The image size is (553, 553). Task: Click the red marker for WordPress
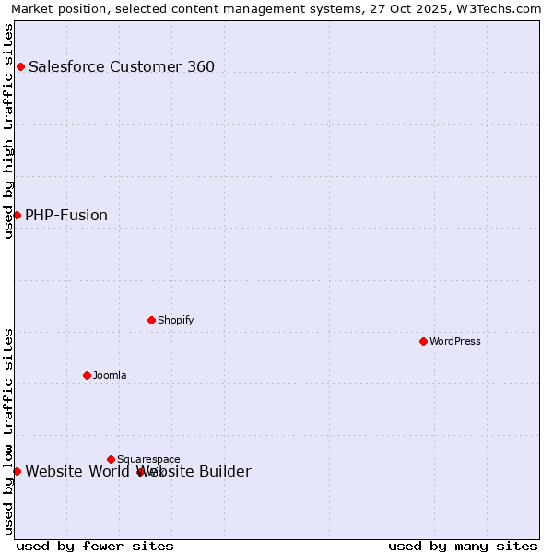click(x=423, y=341)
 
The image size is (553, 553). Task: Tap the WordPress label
click(x=455, y=341)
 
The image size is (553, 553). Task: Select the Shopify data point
click(x=151, y=320)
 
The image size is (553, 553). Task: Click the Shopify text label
click(x=175, y=320)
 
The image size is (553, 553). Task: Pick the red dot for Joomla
click(x=87, y=375)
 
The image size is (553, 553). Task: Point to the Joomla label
click(x=110, y=375)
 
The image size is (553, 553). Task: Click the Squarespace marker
click(x=111, y=459)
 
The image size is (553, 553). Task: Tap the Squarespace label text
click(x=148, y=459)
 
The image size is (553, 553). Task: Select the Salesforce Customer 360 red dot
click(x=20, y=66)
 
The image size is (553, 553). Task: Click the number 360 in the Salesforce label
click(x=200, y=66)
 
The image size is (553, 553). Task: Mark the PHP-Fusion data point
click(x=17, y=215)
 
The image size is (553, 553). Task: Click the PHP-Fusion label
click(x=66, y=215)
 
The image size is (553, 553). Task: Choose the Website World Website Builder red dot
click(x=17, y=471)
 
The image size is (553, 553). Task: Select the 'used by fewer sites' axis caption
click(x=95, y=547)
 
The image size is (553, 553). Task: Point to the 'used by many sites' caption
click(x=463, y=547)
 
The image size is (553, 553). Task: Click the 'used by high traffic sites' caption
click(x=8, y=131)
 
